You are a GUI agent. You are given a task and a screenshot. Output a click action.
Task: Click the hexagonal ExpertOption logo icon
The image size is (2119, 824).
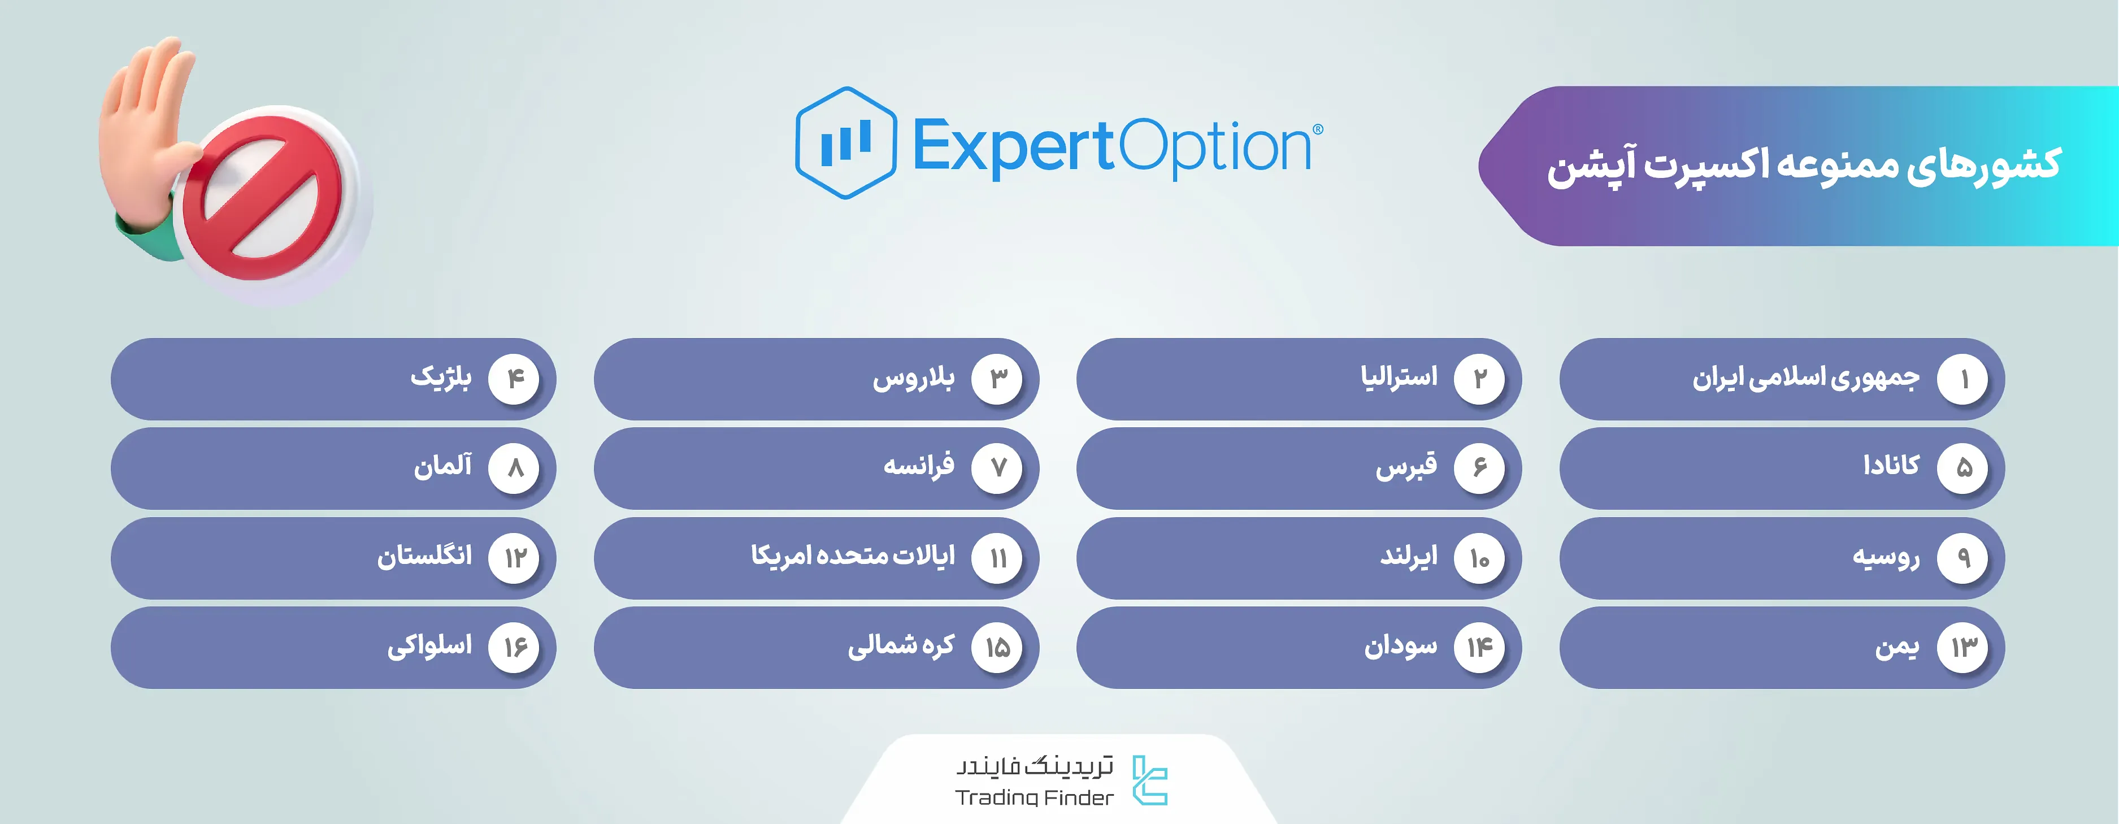846,143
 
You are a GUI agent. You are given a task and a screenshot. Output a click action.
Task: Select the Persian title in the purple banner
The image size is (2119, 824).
1804,165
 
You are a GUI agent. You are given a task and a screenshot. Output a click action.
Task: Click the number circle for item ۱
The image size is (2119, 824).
1964,379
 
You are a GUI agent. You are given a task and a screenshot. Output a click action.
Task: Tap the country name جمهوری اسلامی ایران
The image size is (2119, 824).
1805,378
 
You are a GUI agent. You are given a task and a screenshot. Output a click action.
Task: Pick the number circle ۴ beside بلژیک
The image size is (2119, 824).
514,379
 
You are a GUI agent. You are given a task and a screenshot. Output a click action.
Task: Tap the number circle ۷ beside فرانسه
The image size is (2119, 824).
998,468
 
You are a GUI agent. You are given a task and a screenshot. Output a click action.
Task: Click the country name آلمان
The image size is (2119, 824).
442,466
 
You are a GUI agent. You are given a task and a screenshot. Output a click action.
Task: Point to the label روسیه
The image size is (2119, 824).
1886,557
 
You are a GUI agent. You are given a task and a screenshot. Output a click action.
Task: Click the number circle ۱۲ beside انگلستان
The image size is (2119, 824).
514,558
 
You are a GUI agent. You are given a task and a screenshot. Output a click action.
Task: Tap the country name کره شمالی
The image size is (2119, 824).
901,645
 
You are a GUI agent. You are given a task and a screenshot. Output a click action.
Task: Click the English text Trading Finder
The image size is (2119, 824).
1034,797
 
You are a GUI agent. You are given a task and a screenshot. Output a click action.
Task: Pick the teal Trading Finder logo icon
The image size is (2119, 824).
1149,779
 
